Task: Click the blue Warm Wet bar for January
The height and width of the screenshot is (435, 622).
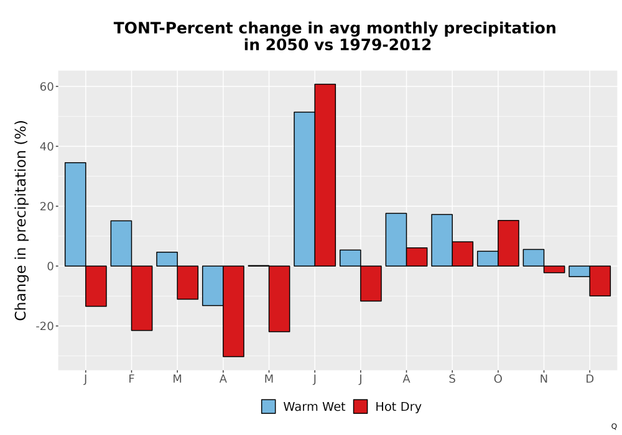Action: (x=75, y=214)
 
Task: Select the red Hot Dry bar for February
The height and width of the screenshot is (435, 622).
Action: (x=142, y=298)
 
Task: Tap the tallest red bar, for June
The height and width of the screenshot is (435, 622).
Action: (x=325, y=175)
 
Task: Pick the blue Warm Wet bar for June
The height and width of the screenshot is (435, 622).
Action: (x=304, y=189)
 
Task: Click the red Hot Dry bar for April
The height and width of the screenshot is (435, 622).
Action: (x=233, y=311)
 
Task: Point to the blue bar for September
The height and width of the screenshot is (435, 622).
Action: (x=442, y=240)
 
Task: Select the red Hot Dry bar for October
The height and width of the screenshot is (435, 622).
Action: (x=508, y=243)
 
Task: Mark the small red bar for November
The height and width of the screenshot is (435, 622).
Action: (x=554, y=270)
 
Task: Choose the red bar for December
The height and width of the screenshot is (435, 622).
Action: (x=600, y=281)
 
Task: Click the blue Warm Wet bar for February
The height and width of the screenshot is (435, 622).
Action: (x=121, y=243)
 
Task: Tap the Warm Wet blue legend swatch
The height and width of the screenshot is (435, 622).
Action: (x=268, y=406)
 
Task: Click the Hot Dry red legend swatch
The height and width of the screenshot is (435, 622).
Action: (x=360, y=406)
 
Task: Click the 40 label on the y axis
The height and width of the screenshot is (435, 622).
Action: (x=47, y=147)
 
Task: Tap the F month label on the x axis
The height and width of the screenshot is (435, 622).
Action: (x=131, y=379)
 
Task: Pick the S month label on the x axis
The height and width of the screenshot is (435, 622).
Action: (x=452, y=379)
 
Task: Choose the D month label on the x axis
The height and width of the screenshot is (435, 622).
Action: (x=590, y=379)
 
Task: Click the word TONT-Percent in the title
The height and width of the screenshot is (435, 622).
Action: (x=174, y=28)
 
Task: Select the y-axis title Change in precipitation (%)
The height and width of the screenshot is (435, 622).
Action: (x=21, y=220)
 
